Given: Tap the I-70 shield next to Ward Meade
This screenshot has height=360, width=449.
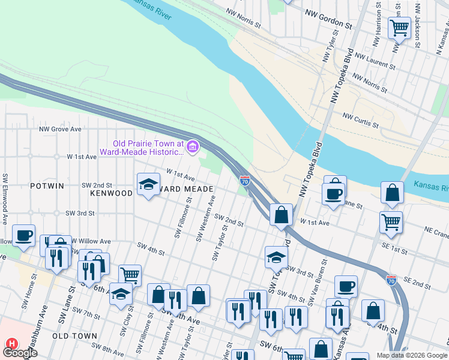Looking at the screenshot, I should click(x=245, y=180).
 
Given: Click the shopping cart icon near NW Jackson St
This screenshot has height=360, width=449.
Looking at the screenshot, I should click(x=399, y=27).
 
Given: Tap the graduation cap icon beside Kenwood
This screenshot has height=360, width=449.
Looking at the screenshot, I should click(x=148, y=185).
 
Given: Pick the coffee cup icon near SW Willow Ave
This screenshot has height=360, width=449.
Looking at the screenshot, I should click(x=23, y=235).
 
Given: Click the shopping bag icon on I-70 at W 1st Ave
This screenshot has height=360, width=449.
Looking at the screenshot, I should click(x=281, y=215).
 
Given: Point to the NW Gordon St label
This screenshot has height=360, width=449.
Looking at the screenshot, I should click(x=328, y=19).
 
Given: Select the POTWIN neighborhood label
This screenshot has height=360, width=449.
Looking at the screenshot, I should click(x=47, y=186).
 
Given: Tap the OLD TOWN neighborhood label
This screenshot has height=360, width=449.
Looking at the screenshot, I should click(x=71, y=335).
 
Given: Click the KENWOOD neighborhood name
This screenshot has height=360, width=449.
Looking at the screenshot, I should click(x=111, y=193).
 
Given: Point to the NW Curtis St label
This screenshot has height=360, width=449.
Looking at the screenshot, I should click(x=361, y=120).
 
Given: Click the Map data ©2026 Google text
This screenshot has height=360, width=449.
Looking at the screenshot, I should click(x=411, y=355).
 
